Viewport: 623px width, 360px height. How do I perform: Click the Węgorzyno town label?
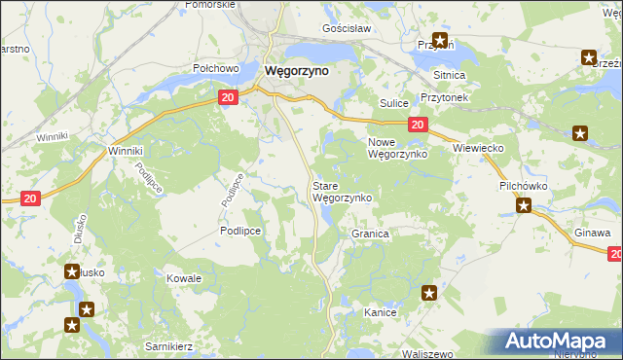tap(297, 70)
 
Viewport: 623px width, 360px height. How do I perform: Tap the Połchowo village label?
tap(216, 68)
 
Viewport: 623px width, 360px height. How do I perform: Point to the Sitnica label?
tap(450, 75)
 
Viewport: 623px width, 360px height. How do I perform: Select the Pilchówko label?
tap(525, 183)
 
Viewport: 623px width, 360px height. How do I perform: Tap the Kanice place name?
tap(379, 313)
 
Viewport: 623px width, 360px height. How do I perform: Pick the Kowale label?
tap(184, 278)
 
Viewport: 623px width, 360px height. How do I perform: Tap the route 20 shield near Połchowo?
tap(227, 98)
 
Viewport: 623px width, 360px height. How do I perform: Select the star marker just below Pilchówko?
tap(524, 205)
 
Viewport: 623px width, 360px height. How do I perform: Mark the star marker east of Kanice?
tap(429, 292)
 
